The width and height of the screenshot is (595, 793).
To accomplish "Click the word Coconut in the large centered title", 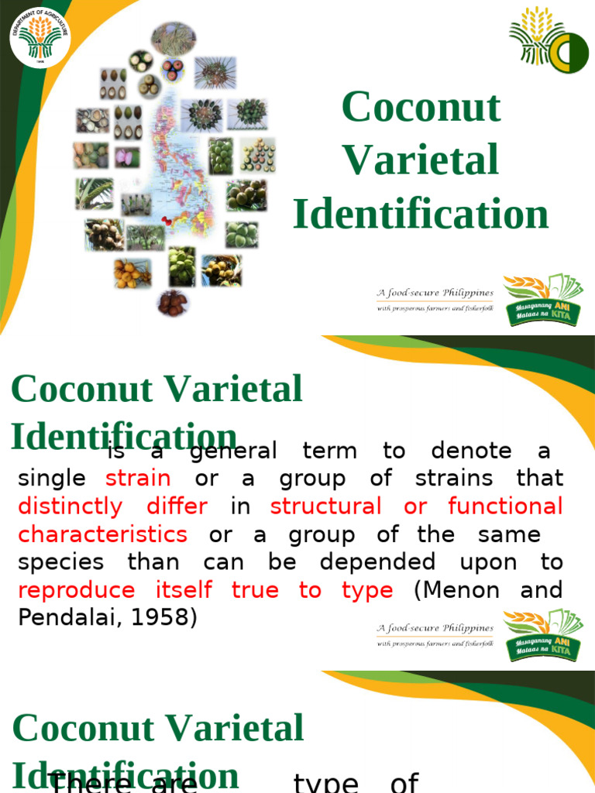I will point(421,107).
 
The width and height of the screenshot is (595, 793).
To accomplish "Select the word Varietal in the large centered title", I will point(421,160).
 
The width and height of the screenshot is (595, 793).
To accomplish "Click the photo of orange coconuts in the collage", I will point(132,272).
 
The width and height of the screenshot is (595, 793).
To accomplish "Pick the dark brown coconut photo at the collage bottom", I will point(172,303).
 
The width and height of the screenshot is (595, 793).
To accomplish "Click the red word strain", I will point(138,478).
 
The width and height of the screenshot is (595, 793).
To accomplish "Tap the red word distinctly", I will point(70,506).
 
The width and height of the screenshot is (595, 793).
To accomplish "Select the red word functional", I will point(505,506).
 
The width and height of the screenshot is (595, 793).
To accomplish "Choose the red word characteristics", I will point(102,534).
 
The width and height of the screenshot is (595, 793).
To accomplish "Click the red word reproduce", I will point(76,590).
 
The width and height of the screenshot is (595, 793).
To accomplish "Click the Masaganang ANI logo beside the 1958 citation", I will point(542,635).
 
